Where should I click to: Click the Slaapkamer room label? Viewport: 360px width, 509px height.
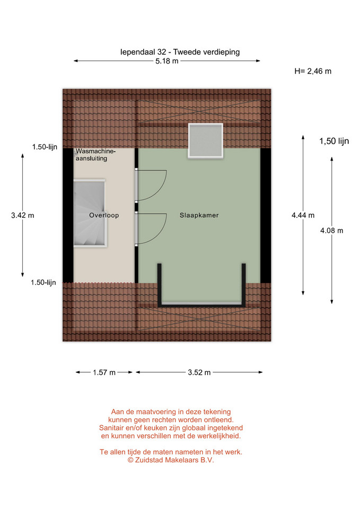tap(199, 215)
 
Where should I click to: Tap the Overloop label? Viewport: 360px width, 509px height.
tap(104, 215)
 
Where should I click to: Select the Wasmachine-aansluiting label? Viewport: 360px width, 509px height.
tap(95, 155)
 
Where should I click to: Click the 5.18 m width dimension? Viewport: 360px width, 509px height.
tap(167, 61)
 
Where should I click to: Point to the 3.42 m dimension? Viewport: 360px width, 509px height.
tap(23, 215)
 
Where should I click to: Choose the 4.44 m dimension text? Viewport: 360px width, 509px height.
tap(303, 215)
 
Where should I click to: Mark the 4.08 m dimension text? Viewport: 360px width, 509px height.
tap(332, 231)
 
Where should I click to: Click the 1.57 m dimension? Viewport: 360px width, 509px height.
tap(104, 372)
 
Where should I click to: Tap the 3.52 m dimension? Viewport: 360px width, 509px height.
tap(199, 372)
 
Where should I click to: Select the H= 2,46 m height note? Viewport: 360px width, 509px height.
tap(313, 71)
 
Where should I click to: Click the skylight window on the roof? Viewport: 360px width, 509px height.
tap(206, 141)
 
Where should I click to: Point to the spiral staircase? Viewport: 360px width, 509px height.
tap(90, 213)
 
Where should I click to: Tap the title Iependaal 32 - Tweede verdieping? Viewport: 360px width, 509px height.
tap(180, 52)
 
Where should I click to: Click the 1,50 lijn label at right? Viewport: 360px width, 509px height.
tap(334, 141)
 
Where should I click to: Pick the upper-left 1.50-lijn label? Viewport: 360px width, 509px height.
tap(45, 147)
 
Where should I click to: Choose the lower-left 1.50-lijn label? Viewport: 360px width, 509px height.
tap(43, 283)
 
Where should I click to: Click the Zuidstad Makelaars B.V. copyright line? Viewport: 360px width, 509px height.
tap(171, 460)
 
